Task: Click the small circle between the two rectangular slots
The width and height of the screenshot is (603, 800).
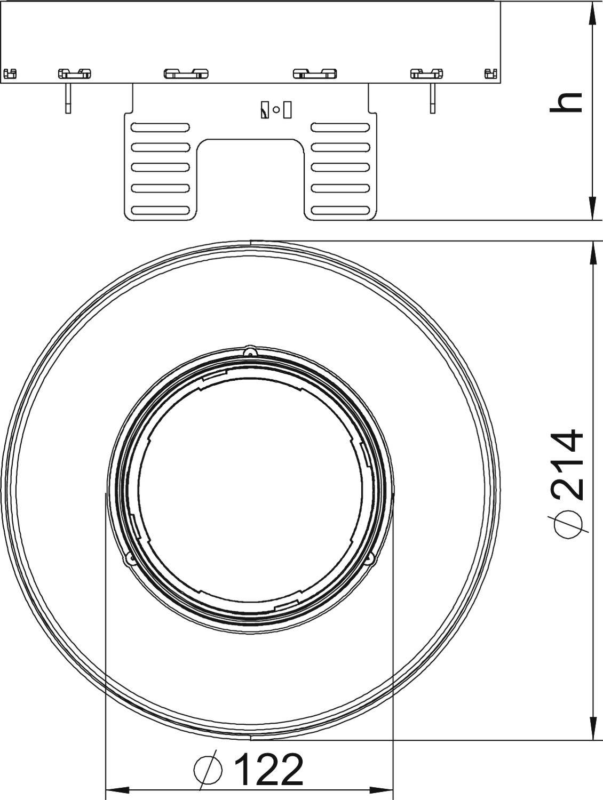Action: pos(276,109)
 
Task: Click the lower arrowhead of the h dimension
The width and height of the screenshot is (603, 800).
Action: pos(593,209)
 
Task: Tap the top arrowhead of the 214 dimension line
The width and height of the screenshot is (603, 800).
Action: pos(593,253)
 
